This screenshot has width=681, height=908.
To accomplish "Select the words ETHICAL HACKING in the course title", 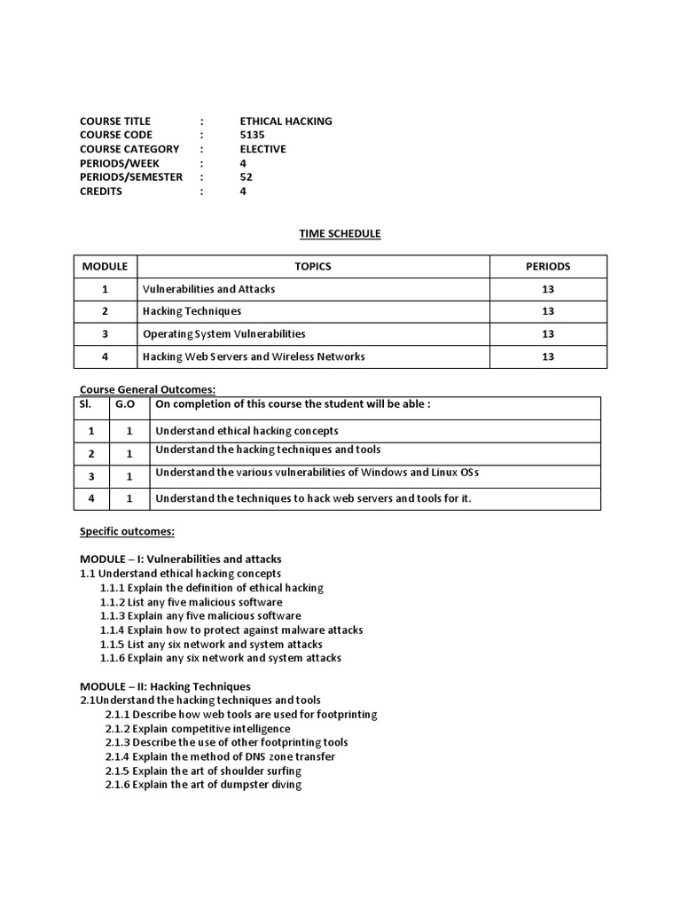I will tap(286, 121).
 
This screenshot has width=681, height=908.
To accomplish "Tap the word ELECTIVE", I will tap(262, 149).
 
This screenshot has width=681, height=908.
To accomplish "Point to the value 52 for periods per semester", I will tap(246, 176).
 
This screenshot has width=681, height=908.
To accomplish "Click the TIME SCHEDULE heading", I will tap(340, 233).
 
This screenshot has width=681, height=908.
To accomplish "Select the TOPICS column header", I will tap(312, 266).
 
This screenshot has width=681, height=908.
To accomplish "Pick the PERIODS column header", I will tap(548, 266).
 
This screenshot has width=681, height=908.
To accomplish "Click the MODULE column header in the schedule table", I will tap(106, 266).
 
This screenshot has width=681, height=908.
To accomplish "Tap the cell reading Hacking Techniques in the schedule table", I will tap(192, 311).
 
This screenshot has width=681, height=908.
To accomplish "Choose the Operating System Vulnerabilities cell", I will tap(223, 334).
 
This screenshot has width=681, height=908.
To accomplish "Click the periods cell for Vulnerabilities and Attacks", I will tap(548, 289).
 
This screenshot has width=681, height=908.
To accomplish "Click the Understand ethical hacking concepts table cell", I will tap(247, 431).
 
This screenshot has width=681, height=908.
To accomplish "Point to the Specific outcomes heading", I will tap(127, 531).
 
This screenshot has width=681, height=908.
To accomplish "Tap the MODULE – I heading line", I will tap(180, 559).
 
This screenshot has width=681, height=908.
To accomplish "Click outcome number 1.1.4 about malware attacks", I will tap(231, 630).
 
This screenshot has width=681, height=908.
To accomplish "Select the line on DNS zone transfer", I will tap(220, 756).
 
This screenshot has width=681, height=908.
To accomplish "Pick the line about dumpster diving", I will tap(203, 785).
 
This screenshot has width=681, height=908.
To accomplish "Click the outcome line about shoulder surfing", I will tap(203, 771).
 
